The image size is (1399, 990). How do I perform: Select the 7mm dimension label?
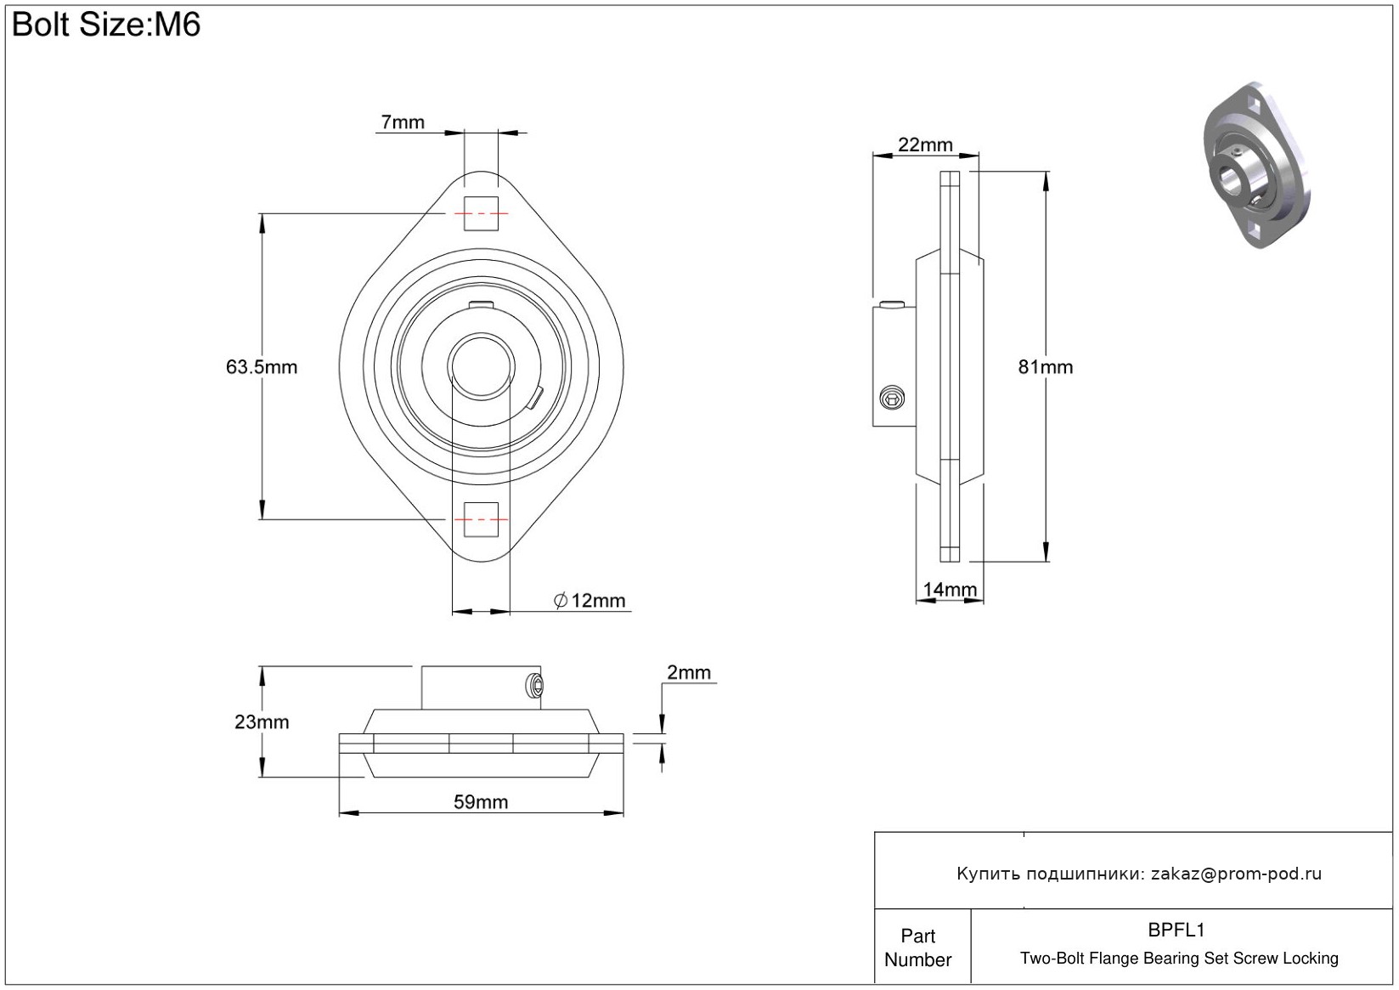coord(402,122)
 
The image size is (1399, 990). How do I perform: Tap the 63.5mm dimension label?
coord(262,367)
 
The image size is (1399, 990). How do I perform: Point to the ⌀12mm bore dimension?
coord(589,601)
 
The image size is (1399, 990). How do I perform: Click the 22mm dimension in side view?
coord(925,144)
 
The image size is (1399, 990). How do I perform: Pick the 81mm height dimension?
coord(1046,367)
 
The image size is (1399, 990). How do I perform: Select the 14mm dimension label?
coord(950,589)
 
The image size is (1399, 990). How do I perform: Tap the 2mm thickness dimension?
coord(688,673)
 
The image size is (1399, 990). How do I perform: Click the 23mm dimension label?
coord(262,722)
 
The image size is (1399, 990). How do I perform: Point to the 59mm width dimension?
coord(481,802)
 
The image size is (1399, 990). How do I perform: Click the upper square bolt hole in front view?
coord(481,212)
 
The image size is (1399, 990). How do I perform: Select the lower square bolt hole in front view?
coord(481,518)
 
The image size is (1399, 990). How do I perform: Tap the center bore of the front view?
coord(481,366)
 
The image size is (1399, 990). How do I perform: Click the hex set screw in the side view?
coord(892,397)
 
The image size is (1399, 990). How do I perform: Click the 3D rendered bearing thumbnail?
coord(1255,165)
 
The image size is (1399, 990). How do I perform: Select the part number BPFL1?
coord(1176,930)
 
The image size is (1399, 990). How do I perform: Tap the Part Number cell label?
coord(918,948)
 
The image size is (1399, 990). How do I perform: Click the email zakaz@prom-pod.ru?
coord(1236,874)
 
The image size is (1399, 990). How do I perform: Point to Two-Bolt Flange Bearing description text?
coord(1179,959)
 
